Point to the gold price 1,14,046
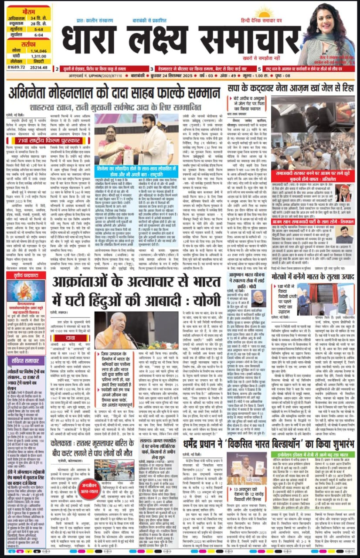pos(37,51)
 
